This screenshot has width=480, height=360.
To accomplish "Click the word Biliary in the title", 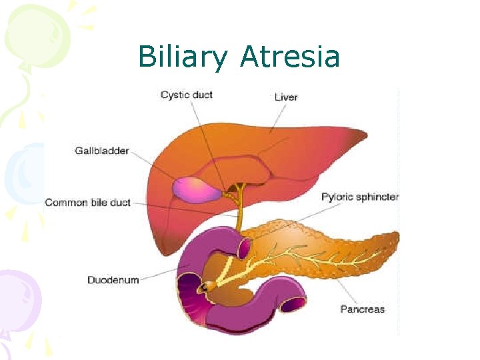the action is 182,57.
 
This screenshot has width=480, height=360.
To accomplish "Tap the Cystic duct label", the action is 187,95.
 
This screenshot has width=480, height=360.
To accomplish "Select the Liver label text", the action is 286,97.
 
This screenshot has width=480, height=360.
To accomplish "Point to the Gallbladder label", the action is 102,151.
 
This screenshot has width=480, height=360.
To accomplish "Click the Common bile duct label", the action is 87,202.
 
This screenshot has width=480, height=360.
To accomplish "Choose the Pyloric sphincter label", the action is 360,197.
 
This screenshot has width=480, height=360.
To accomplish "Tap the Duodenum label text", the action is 113,280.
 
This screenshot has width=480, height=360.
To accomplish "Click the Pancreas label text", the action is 362,309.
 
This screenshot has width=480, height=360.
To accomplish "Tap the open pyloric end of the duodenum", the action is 243,248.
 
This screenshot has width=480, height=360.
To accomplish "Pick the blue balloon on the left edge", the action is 20,175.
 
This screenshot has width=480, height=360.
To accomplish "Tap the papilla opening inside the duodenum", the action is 209,286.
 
